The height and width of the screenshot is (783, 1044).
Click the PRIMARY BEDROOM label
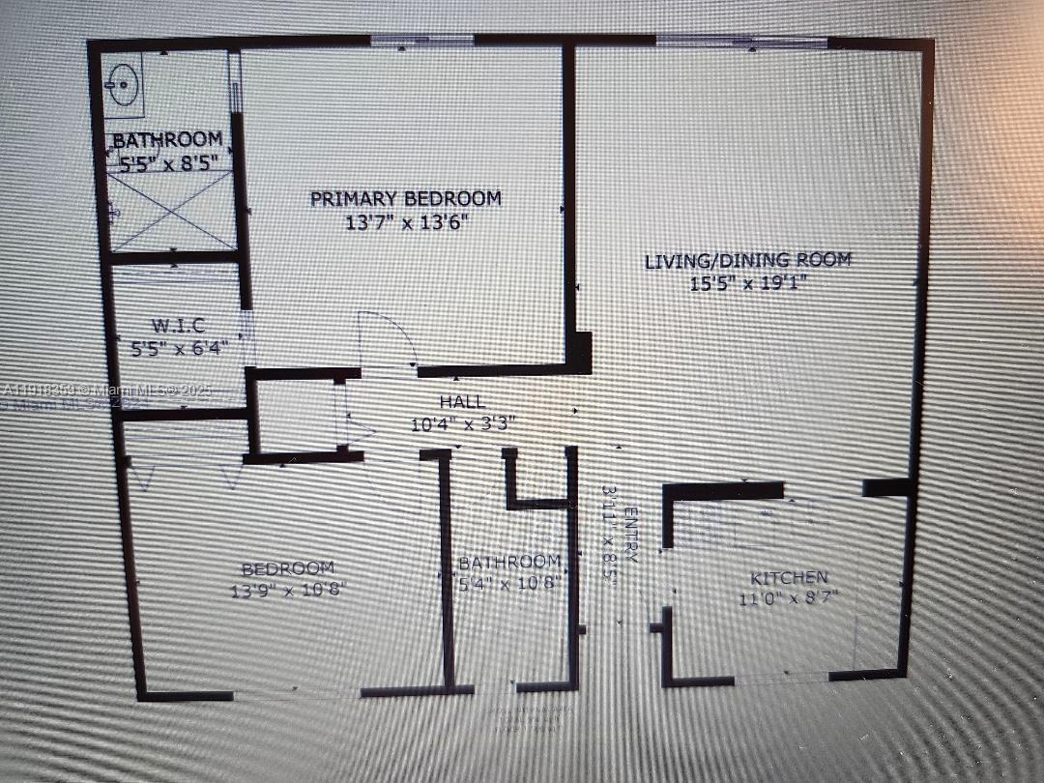406,198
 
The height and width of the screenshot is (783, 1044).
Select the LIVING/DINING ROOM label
748,260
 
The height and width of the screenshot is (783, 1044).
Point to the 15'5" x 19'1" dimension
748,283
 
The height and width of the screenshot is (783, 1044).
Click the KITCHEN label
789,577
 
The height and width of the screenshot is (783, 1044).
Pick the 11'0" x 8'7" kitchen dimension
789,598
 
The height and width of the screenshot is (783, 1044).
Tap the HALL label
462,402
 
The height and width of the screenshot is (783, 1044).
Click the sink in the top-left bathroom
123,85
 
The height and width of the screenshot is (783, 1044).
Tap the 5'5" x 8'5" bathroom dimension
168,162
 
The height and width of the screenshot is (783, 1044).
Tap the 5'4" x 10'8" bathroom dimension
508,582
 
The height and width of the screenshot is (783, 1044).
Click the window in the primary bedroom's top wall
422,41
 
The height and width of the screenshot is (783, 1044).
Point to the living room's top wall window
741,42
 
